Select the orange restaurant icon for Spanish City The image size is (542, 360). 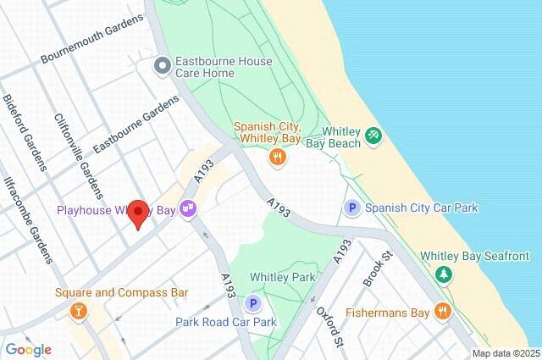coord(276,157)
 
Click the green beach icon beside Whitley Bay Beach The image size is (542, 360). coord(373,136)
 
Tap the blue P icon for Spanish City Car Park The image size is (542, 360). coord(351,208)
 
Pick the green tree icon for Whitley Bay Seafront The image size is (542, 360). coord(442,274)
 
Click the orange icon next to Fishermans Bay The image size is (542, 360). coord(441,311)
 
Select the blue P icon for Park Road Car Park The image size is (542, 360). coord(252,303)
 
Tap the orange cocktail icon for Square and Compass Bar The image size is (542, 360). coord(79,311)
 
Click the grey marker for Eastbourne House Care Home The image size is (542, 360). coord(162,66)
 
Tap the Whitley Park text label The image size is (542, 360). coord(284,277)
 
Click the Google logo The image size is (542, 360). coord(28,350)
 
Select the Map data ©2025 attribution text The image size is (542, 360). coord(505,353)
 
